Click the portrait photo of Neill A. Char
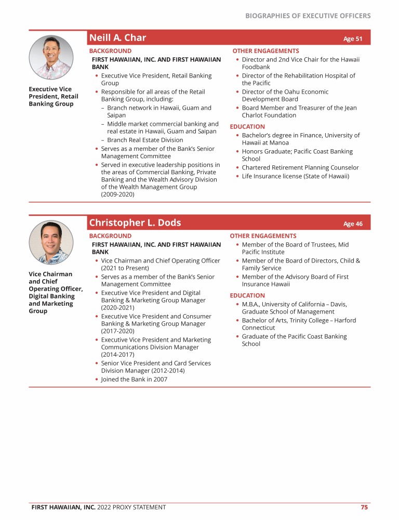pos(51,57)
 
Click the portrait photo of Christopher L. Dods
pos(51,242)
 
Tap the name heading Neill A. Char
pos(117,37)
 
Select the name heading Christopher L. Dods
pos(135,223)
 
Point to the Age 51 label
pos(353,39)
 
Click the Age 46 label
pos(353,224)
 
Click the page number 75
pos(365,507)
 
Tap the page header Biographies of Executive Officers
pos(308,16)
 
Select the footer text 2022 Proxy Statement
pos(131,507)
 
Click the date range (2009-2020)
pos(117,194)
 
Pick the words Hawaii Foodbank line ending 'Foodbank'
pos(256,67)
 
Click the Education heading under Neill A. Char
pos(247,126)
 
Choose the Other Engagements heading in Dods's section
pos(263,236)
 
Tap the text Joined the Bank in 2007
pos(134,379)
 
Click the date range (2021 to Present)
pos(124,268)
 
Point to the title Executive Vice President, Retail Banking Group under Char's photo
pos(54,96)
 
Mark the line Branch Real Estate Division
pos(145,140)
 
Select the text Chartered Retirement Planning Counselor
pos(300,167)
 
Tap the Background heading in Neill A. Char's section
pos(110,51)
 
